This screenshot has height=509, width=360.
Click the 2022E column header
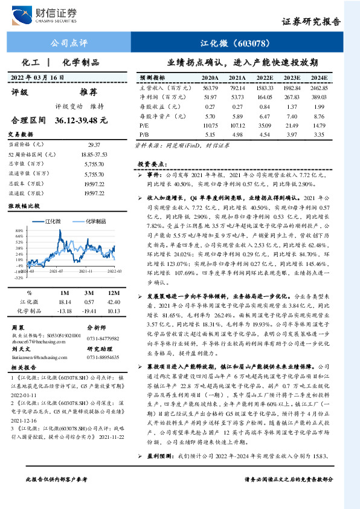[x=265, y=78]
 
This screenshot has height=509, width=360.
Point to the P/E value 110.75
[x=210, y=124]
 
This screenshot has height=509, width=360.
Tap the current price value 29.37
[x=94, y=145]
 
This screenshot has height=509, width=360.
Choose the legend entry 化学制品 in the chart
[x=97, y=222]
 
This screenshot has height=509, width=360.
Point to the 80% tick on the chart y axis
[x=20, y=231]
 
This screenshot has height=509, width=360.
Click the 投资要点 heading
[x=151, y=164]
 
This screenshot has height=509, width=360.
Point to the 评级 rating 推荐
[x=89, y=92]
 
